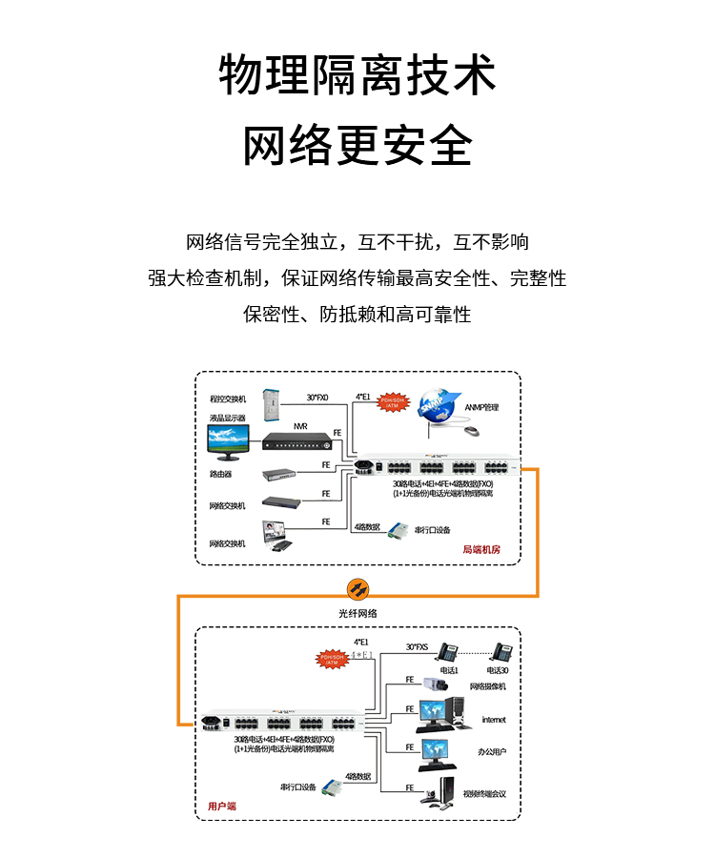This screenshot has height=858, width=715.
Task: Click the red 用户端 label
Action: click(222, 807)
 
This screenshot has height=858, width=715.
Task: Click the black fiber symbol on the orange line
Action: click(357, 587)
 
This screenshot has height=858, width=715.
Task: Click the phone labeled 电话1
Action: click(446, 653)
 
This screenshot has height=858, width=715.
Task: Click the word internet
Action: click(494, 720)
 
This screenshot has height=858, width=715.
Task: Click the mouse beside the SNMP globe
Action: click(472, 431)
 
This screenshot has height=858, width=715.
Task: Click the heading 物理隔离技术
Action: click(357, 76)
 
